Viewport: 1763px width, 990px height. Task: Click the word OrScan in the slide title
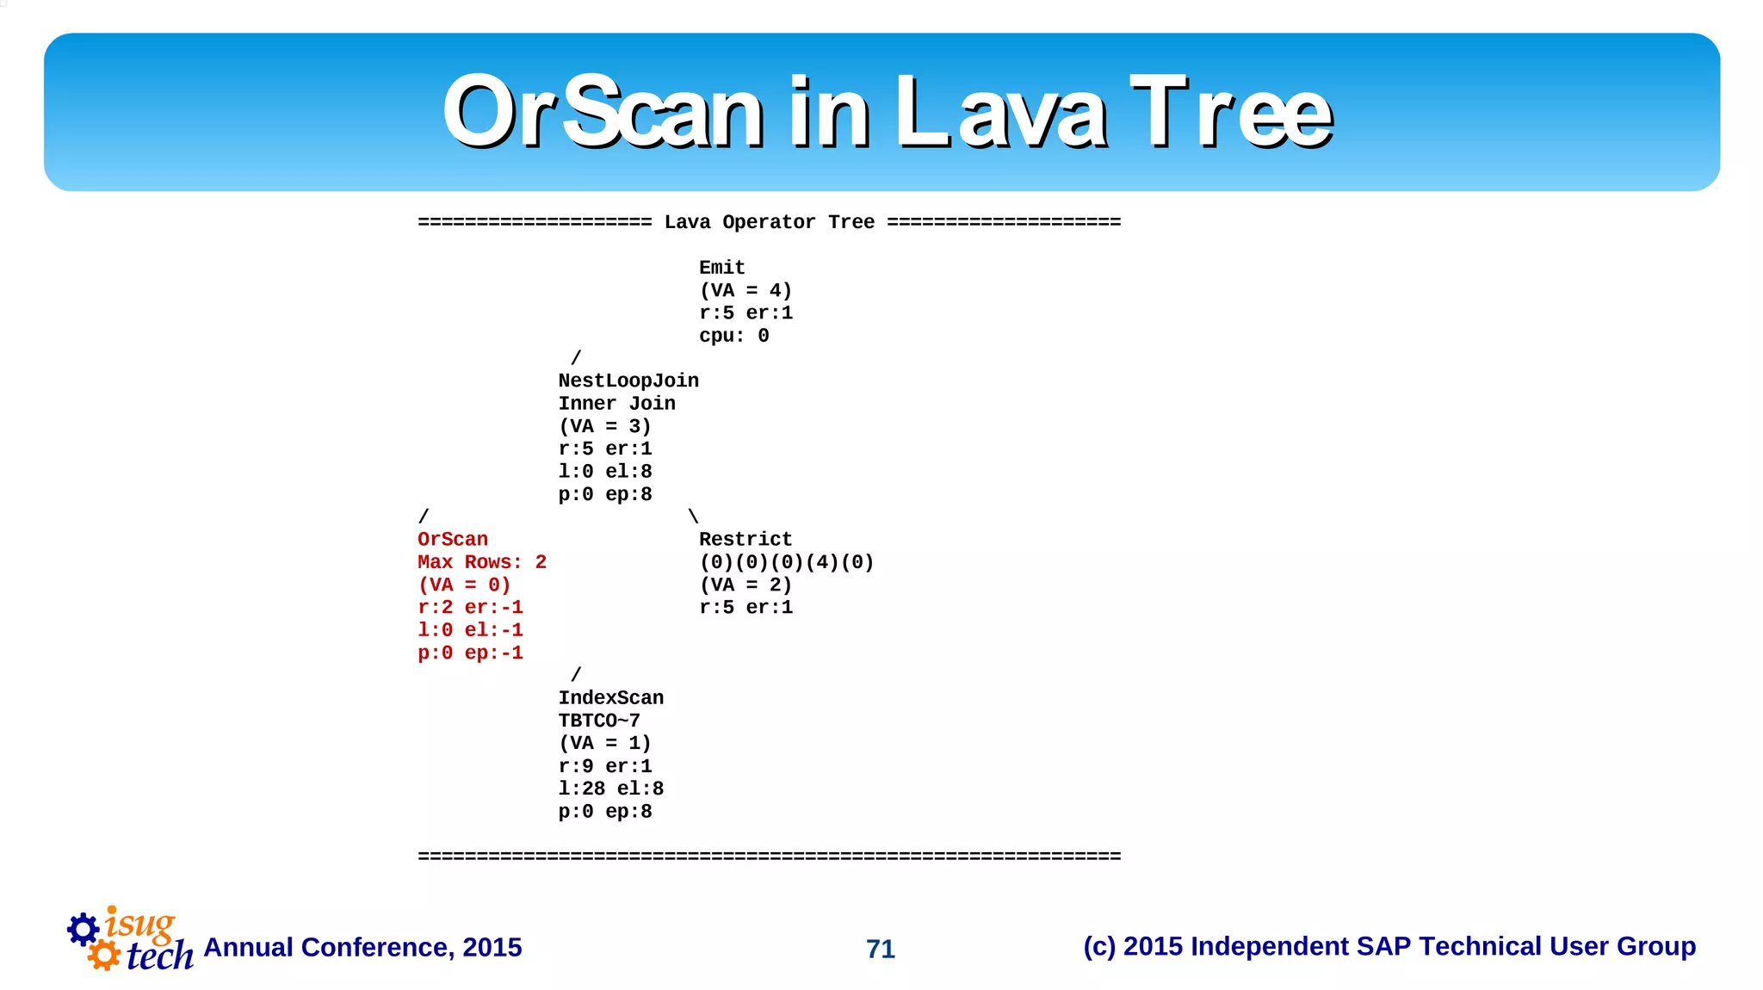[603, 112]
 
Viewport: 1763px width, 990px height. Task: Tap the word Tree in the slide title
[1231, 112]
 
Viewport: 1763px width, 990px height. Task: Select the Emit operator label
[721, 268]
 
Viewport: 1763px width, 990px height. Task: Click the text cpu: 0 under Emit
[733, 336]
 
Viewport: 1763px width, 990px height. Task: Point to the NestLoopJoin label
[628, 381]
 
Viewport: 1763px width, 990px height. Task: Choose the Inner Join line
[616, 404]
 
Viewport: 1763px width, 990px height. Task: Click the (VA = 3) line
[604, 426]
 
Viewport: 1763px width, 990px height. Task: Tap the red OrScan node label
[453, 540]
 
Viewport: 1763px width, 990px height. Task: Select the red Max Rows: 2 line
[482, 562]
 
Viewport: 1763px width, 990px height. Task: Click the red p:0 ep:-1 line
[470, 653]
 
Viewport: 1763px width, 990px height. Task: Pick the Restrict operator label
[745, 540]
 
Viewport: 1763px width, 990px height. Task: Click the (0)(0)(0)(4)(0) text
[786, 562]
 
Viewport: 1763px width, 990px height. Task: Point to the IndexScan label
[610, 698]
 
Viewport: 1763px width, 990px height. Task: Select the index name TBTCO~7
[599, 721]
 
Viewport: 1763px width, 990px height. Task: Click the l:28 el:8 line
[610, 789]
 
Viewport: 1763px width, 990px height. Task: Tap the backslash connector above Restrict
[693, 517]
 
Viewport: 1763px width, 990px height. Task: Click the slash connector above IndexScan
[576, 675]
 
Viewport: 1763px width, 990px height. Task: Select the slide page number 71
[880, 949]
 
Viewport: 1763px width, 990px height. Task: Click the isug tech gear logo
[129, 940]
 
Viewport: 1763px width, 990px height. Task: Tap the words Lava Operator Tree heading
[769, 222]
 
